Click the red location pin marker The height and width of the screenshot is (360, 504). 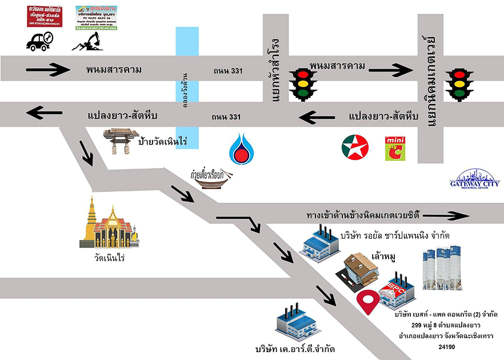pos(369,302)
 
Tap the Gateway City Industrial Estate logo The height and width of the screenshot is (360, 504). pos(475,180)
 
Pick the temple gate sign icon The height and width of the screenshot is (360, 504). pos(121,142)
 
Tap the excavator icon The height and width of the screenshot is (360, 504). pos(87,41)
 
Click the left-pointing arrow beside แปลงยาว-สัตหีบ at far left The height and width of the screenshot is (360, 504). pos(45,113)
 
